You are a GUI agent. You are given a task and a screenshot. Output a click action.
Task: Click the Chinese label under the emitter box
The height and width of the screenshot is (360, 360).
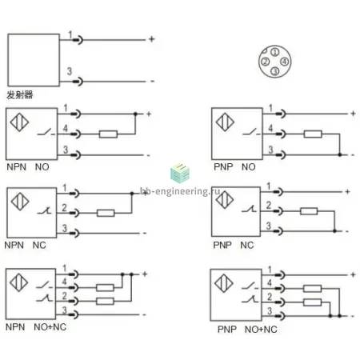click(20, 94)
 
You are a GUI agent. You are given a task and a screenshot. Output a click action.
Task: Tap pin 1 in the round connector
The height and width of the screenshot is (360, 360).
click(275, 52)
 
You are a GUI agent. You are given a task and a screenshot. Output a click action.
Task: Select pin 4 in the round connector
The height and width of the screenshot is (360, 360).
click(285, 62)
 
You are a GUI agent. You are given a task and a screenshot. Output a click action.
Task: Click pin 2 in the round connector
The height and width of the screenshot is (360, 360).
click(265, 62)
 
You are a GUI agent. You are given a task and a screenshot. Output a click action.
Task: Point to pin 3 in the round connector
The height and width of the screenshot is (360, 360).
click(275, 71)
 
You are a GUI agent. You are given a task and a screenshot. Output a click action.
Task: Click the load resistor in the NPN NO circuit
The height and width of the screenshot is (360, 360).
click(108, 134)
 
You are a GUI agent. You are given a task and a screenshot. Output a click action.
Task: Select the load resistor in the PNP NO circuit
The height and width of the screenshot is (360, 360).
click(313, 134)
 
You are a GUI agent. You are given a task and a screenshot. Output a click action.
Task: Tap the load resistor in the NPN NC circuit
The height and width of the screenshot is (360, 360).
click(106, 213)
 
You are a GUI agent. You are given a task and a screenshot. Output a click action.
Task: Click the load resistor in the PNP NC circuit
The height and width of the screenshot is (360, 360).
click(309, 211)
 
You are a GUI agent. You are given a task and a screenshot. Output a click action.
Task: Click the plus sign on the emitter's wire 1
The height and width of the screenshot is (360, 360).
click(152, 39)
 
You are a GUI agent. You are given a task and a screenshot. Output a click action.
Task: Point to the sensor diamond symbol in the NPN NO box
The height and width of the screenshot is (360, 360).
click(19, 122)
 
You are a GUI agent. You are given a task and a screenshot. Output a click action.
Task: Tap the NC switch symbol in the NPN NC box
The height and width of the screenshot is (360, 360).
click(44, 211)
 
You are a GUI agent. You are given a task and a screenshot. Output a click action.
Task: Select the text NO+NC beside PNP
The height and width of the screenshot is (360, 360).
click(261, 330)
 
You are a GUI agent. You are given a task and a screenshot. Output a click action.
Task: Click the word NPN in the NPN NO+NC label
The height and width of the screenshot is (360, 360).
click(15, 327)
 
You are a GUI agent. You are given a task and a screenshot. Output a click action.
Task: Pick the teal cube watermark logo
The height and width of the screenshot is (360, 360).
click(180, 173)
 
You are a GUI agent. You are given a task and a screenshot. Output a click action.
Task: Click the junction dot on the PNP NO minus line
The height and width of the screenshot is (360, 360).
click(340, 154)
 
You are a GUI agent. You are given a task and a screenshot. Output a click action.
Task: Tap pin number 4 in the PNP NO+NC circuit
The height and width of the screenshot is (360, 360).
click(270, 282)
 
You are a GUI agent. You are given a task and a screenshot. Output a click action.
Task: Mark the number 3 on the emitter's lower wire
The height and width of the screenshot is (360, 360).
click(70, 71)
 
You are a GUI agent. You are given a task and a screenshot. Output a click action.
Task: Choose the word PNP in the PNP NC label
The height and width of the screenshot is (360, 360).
click(222, 245)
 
